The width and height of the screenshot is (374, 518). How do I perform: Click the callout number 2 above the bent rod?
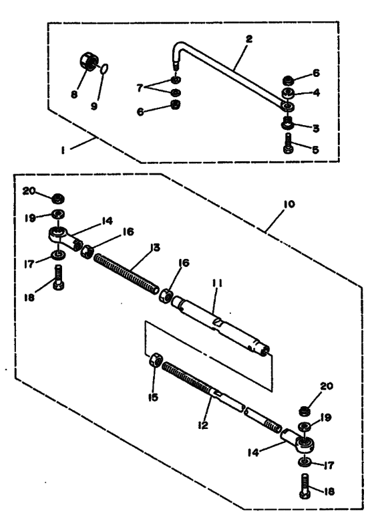(x=249, y=39)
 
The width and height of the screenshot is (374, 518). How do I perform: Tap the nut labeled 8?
(x=89, y=61)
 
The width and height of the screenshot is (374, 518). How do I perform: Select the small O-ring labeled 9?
(x=104, y=68)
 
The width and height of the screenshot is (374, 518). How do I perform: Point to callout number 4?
(x=316, y=92)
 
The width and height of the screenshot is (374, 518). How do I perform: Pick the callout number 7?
(x=140, y=88)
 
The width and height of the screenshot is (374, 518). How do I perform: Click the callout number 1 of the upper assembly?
(x=62, y=151)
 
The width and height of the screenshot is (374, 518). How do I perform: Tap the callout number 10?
(x=289, y=204)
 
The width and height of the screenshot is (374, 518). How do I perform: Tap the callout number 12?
(x=203, y=425)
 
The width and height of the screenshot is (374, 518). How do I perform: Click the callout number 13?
(x=154, y=248)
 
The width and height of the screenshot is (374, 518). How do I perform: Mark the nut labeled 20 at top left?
(x=58, y=199)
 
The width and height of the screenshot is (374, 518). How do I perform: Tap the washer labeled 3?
(x=288, y=123)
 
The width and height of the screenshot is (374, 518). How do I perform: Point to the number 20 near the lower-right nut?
(x=327, y=386)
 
